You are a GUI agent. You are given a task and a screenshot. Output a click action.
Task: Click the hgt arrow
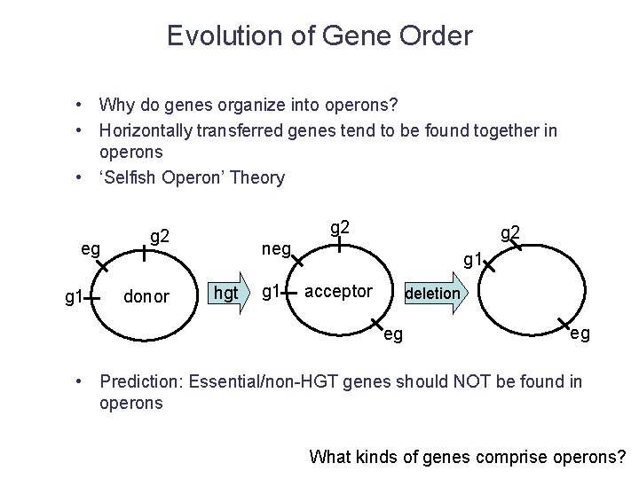(226, 294)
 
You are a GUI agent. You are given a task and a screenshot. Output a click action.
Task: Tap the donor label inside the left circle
(146, 294)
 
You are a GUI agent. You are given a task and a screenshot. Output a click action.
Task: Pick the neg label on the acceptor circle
(275, 251)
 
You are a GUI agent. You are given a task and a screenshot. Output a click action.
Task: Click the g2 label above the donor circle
(161, 236)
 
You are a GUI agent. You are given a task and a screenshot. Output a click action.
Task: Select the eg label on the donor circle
(91, 249)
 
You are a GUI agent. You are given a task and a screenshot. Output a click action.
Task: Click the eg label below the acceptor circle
(392, 334)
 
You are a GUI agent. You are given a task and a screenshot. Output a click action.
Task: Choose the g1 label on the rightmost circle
(475, 260)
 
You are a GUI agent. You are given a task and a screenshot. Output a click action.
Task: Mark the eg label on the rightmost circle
(580, 334)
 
